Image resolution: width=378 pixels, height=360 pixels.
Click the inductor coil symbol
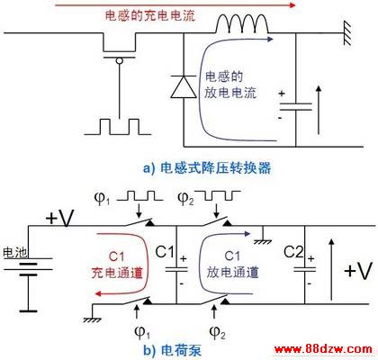point(242,23)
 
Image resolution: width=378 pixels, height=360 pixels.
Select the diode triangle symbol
point(184,86)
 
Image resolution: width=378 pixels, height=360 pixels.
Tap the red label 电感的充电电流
point(150,15)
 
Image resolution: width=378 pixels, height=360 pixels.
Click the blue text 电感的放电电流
point(230,85)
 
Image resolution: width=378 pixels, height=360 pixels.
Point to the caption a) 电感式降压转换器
point(207,167)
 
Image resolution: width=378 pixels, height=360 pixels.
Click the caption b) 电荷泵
point(172,350)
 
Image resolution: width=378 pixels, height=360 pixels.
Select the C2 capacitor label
point(294,252)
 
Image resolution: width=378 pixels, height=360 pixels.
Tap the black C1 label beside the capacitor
point(165,252)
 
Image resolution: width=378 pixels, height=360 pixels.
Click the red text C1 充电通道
point(117,265)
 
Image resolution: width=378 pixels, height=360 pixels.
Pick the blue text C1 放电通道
point(232,265)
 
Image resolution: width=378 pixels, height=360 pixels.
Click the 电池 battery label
point(15,253)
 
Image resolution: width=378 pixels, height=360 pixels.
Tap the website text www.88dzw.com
point(323,349)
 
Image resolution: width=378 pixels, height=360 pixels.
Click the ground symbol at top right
point(347,33)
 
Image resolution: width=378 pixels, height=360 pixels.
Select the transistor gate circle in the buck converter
point(120,61)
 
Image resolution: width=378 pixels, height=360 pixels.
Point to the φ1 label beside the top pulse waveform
point(102,199)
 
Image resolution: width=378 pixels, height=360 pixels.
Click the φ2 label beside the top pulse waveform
point(185,199)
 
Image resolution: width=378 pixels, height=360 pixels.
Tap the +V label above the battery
point(60,218)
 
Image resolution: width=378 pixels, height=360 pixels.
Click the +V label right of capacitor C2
point(358,271)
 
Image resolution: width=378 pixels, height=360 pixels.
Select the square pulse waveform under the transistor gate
point(118,127)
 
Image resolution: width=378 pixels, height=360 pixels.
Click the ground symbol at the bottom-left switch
point(91,319)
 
